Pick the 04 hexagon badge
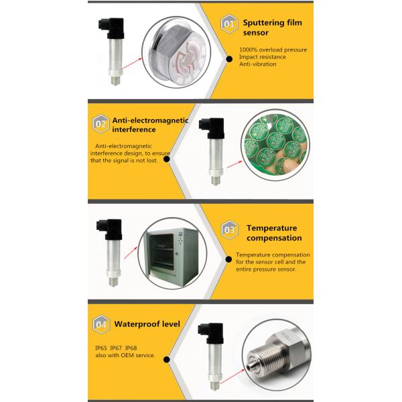[x=100, y=325]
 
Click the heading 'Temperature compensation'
[x=273, y=232]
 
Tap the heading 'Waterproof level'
[x=147, y=324]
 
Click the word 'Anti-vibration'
[x=259, y=64]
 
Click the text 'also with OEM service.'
[x=125, y=356]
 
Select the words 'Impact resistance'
[x=261, y=58]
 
